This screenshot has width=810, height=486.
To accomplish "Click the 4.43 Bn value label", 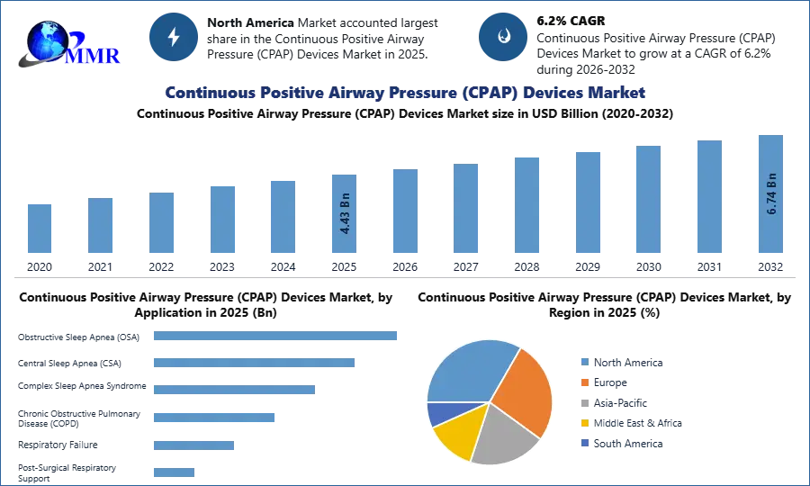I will pos(345,214).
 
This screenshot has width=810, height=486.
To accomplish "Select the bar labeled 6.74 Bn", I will pos(769,194).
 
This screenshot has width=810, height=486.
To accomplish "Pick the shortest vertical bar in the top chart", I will pos(40,229).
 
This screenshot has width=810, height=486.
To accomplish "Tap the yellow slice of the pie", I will pos(455,435).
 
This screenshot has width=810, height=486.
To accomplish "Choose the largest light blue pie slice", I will pos(469,369).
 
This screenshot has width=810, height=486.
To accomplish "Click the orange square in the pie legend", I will pos(584,382).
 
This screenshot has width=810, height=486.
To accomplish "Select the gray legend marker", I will pos(584,402).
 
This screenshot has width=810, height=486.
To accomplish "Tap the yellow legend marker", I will pos(584,423).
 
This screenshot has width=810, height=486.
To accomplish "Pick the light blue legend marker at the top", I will pos(584,361).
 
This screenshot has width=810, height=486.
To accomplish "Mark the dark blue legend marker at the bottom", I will pos(584,444).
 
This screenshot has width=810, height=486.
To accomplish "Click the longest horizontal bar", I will pos(275,337).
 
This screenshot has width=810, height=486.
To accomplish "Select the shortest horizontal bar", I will pos(172,473).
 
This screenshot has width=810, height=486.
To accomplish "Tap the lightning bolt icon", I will pos(174,37).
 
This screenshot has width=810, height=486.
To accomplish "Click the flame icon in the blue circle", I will pos(503,37).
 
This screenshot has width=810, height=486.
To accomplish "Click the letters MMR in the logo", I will pos(94,56).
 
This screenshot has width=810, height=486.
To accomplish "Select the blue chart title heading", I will pos(404,93).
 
